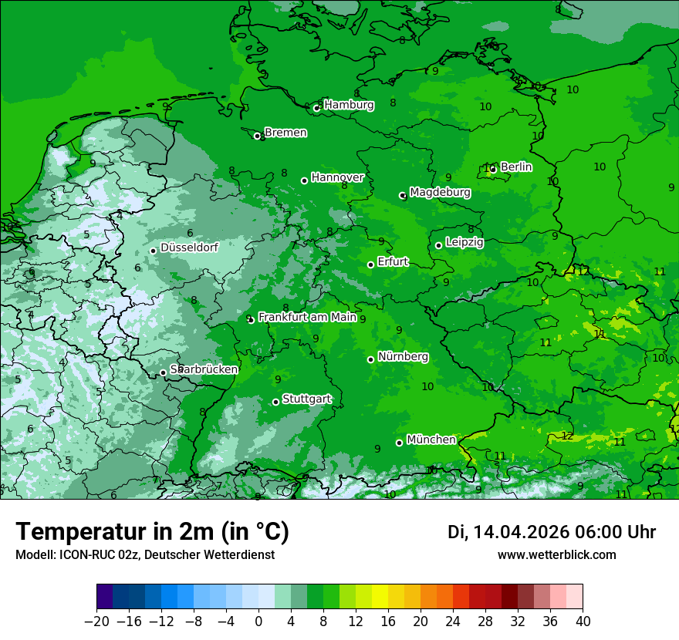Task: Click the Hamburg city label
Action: [x=349, y=105]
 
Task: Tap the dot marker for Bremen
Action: [x=257, y=136]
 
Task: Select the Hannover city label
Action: [x=337, y=177]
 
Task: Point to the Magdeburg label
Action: [x=440, y=192]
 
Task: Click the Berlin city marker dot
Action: [x=493, y=169]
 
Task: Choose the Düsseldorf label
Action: [x=189, y=248]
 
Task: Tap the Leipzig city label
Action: [x=464, y=242]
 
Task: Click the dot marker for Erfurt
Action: [x=370, y=264]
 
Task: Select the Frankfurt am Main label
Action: [x=307, y=317]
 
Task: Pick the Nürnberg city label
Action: [x=403, y=357]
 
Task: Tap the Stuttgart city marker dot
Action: [x=275, y=402]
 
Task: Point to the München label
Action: [x=431, y=440]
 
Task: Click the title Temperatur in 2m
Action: [x=152, y=532]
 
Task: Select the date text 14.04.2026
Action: [x=521, y=532]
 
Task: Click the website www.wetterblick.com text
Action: [x=556, y=554]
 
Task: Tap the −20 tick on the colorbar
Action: [x=96, y=621]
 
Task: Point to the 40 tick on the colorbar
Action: [x=583, y=621]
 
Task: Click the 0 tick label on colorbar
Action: [x=258, y=621]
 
